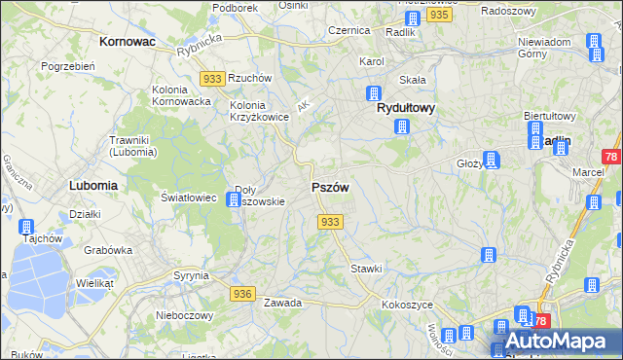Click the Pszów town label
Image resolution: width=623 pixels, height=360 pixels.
(330, 187)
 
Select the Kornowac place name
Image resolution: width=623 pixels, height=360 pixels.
(129, 43)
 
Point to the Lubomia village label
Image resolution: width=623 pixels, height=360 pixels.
(93, 184)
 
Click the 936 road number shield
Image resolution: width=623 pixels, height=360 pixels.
(243, 293)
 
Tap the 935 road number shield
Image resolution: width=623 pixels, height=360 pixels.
(440, 16)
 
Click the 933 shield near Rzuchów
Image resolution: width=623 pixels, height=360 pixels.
(212, 77)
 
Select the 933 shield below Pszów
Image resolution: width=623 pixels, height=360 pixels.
(330, 222)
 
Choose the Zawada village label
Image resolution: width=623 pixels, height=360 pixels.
(281, 303)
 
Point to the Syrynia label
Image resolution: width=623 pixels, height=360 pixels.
(190, 275)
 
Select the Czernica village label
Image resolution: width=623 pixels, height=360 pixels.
(348, 30)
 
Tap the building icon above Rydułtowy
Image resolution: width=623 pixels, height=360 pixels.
(372, 93)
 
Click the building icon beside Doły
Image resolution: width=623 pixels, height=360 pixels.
(234, 199)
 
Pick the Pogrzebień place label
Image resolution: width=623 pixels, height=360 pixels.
(67, 66)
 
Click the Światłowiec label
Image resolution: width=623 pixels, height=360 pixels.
(189, 197)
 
